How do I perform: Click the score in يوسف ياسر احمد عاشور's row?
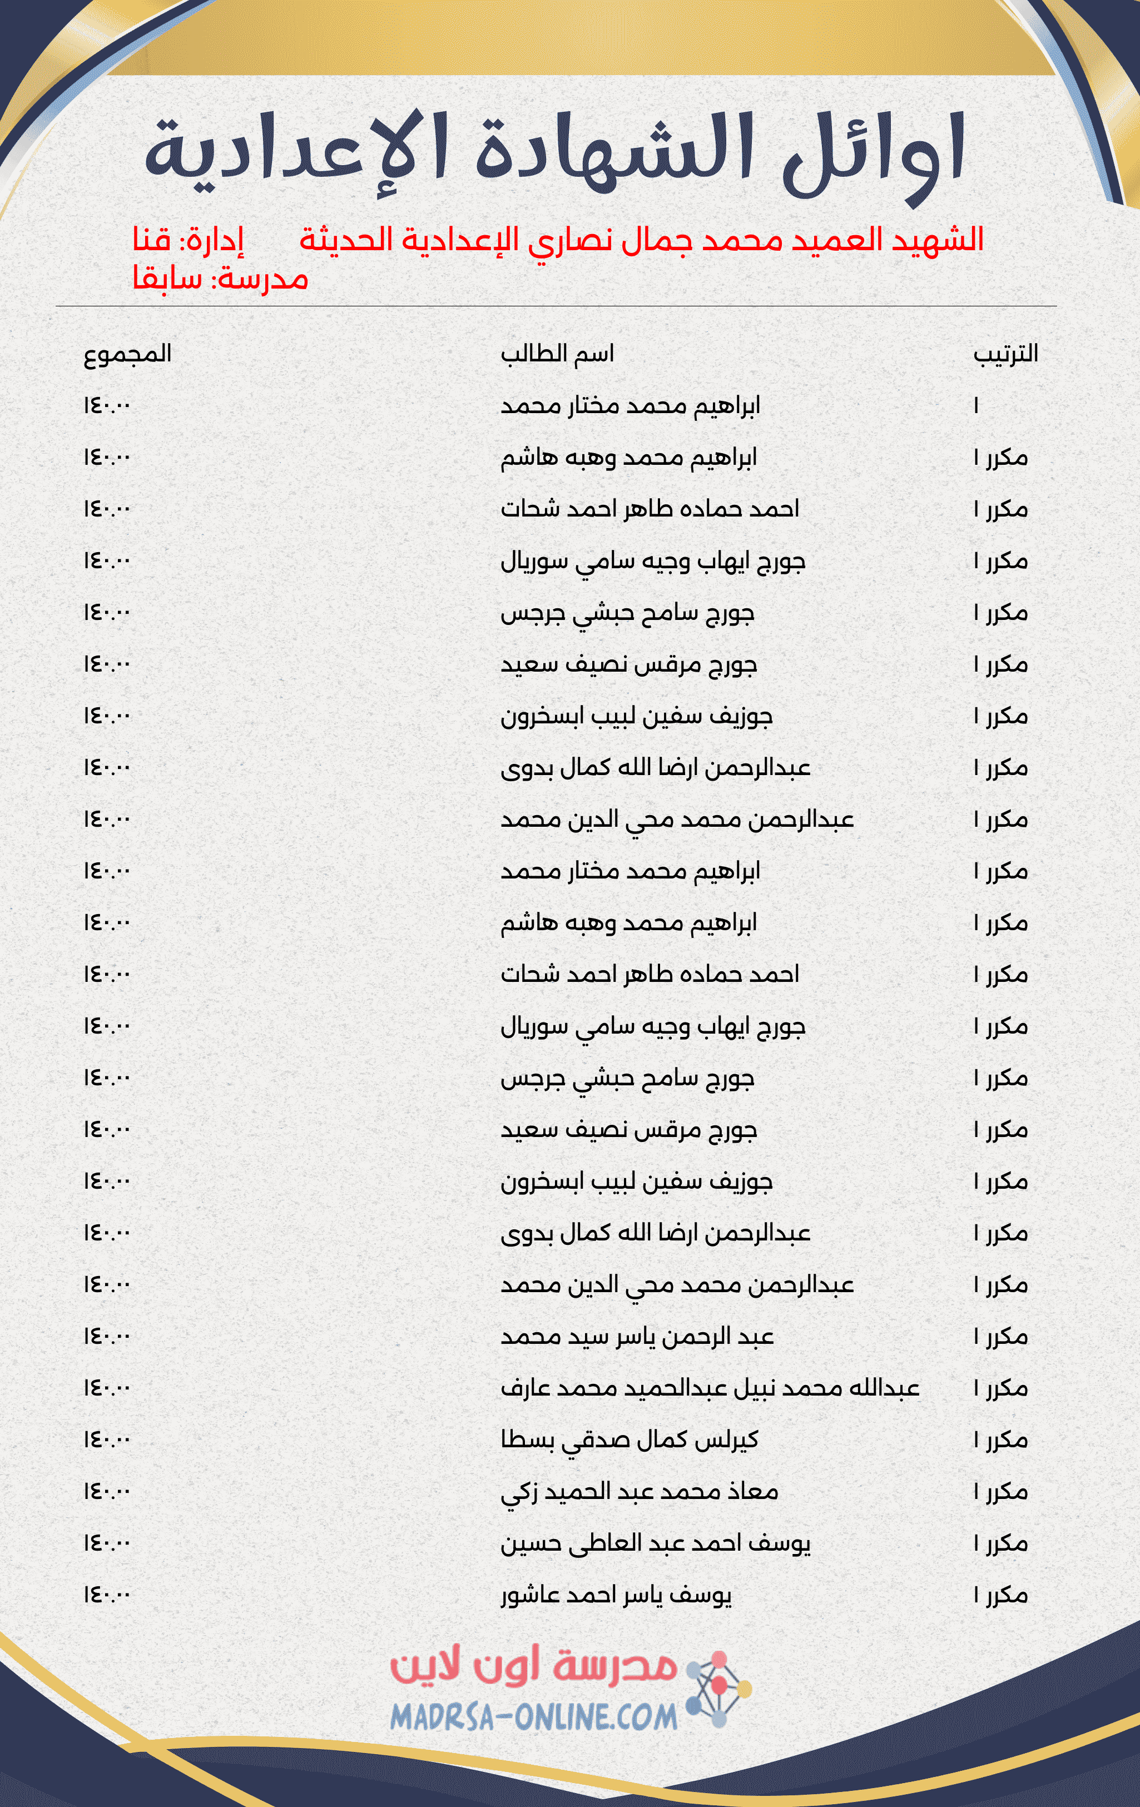click(x=107, y=1595)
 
